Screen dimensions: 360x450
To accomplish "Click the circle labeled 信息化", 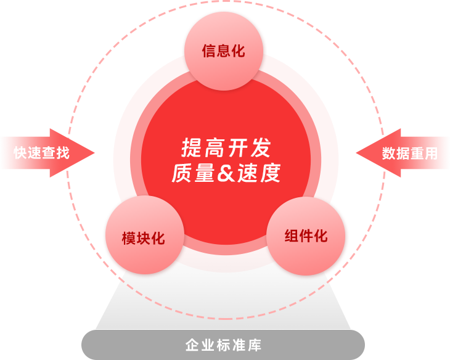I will coord(223,51).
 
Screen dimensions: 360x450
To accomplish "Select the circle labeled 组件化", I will coord(306,236).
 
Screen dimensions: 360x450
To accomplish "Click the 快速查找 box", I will coord(42,153).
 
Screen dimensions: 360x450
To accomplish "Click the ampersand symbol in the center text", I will coord(226,174).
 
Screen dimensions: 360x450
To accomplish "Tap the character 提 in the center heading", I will coord(190,148).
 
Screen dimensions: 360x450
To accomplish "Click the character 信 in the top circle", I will coord(208,51).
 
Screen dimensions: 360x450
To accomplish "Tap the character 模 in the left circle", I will coord(129,238).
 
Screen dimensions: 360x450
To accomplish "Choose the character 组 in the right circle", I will coord(291,236).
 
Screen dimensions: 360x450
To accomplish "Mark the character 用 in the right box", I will coord(431,153).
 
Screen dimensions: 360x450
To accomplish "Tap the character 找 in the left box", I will coord(63,153).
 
